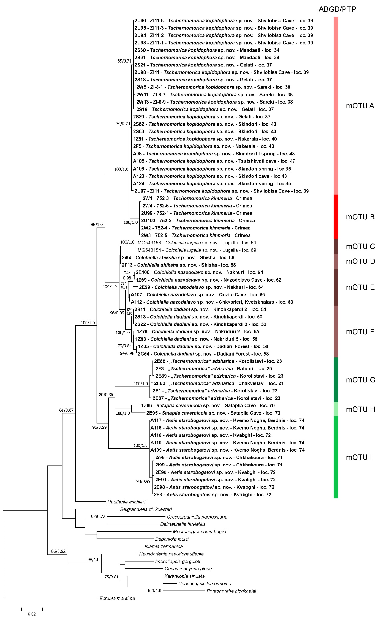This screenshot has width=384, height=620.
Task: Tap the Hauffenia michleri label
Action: click(x=126, y=502)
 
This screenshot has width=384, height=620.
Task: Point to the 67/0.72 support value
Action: click(x=98, y=516)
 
